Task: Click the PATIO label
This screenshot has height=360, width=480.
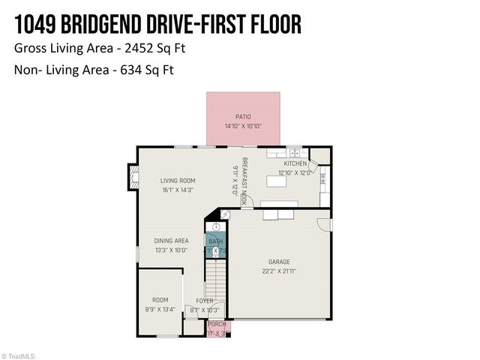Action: click(x=243, y=116)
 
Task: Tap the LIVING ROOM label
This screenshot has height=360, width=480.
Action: click(x=177, y=180)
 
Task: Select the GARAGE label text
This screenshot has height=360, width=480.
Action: click(x=280, y=262)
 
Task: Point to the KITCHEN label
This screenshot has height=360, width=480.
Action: click(x=295, y=163)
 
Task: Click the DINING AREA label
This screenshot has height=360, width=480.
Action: click(x=171, y=241)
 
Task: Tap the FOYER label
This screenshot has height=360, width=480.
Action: click(x=205, y=300)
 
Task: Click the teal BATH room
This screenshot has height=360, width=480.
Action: click(x=215, y=245)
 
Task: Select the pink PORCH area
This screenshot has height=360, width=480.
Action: click(x=217, y=327)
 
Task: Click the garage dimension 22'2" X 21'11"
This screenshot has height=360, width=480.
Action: click(x=280, y=271)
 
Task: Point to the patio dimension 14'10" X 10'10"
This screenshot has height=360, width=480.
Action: click(x=243, y=126)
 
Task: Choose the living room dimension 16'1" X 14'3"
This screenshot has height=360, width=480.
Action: click(x=177, y=190)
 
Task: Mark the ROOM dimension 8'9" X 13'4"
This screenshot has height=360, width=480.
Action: click(x=160, y=309)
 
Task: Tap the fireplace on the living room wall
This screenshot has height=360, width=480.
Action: click(x=134, y=178)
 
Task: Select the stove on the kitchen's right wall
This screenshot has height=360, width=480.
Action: click(x=322, y=178)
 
